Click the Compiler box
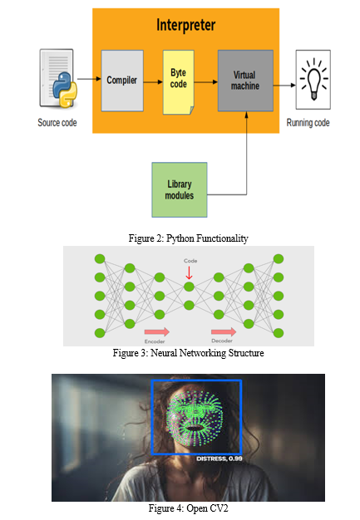(x=122, y=81)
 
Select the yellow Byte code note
(x=179, y=82)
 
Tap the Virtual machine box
(x=245, y=81)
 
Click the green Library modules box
(x=180, y=189)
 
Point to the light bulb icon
(x=313, y=79)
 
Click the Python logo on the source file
(x=65, y=90)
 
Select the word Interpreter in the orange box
(x=185, y=25)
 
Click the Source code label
(x=57, y=123)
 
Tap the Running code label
(x=308, y=123)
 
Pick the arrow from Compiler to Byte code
(x=153, y=82)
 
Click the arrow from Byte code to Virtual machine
(x=206, y=82)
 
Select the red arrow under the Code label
(x=189, y=273)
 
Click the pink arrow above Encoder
(x=157, y=331)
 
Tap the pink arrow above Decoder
(x=224, y=331)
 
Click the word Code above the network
(x=190, y=261)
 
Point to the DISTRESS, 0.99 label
(x=219, y=459)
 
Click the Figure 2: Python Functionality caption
(x=188, y=238)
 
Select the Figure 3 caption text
(x=188, y=353)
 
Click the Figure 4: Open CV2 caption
(x=188, y=508)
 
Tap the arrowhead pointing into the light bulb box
(x=293, y=86)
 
